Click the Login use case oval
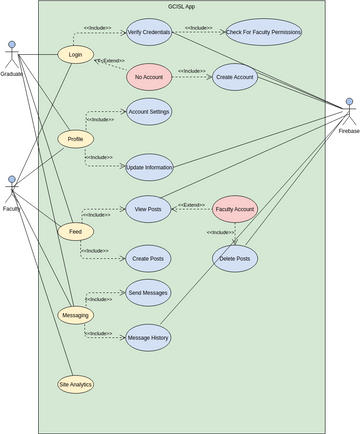point(76,53)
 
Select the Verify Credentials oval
point(149,33)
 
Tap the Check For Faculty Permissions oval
point(264,33)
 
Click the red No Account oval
point(149,78)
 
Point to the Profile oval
point(76,139)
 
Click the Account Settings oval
point(149,112)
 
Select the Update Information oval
point(149,167)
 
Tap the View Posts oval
point(149,209)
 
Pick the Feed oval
point(76,232)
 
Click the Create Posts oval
point(149,259)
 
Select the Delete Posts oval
point(236,259)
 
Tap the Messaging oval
point(76,315)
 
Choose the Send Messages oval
point(149,292)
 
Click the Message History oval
point(149,338)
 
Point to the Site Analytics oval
point(76,384)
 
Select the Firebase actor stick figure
point(348,109)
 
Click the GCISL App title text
point(182,7)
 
